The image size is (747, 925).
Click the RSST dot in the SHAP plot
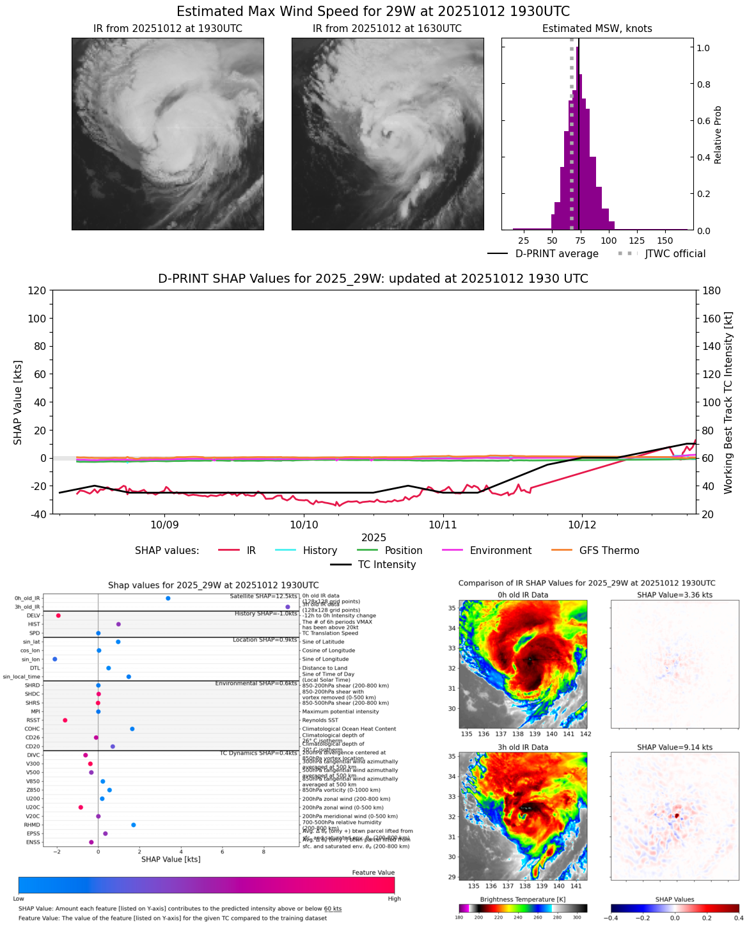65,720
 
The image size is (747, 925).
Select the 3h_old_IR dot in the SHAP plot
288,606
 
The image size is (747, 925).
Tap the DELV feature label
33,615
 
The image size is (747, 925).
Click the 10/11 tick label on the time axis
443,525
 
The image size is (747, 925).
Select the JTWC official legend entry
661,254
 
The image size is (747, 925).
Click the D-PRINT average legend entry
544,254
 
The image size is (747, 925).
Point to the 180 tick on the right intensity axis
712,290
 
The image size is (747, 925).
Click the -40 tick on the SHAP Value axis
38,514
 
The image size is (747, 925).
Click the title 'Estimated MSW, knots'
597,29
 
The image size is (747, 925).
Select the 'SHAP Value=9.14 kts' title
675,747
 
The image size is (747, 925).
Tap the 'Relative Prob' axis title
718,134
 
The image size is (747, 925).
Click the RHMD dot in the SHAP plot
133,825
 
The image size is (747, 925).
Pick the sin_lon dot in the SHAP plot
55,659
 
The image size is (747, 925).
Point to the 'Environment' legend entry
487,551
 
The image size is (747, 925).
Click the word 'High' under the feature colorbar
394,899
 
